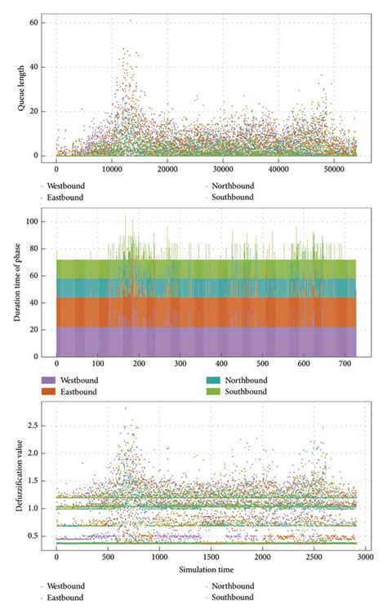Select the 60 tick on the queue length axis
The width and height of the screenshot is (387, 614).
(x=33, y=22)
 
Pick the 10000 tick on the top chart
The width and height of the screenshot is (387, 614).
(x=111, y=169)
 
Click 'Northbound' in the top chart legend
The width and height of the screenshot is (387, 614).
(x=233, y=185)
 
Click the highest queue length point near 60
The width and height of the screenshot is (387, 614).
(x=130, y=20)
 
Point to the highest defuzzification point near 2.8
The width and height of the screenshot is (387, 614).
(x=125, y=408)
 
